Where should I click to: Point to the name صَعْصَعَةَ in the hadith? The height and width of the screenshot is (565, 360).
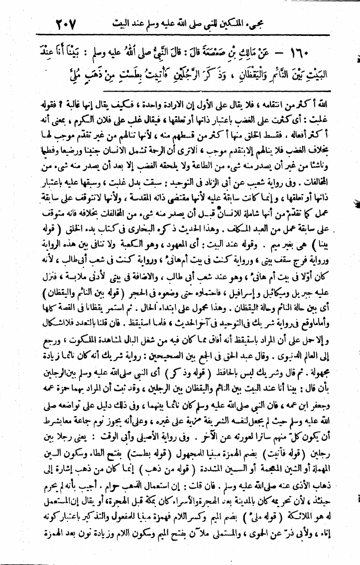coord(208,52)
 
